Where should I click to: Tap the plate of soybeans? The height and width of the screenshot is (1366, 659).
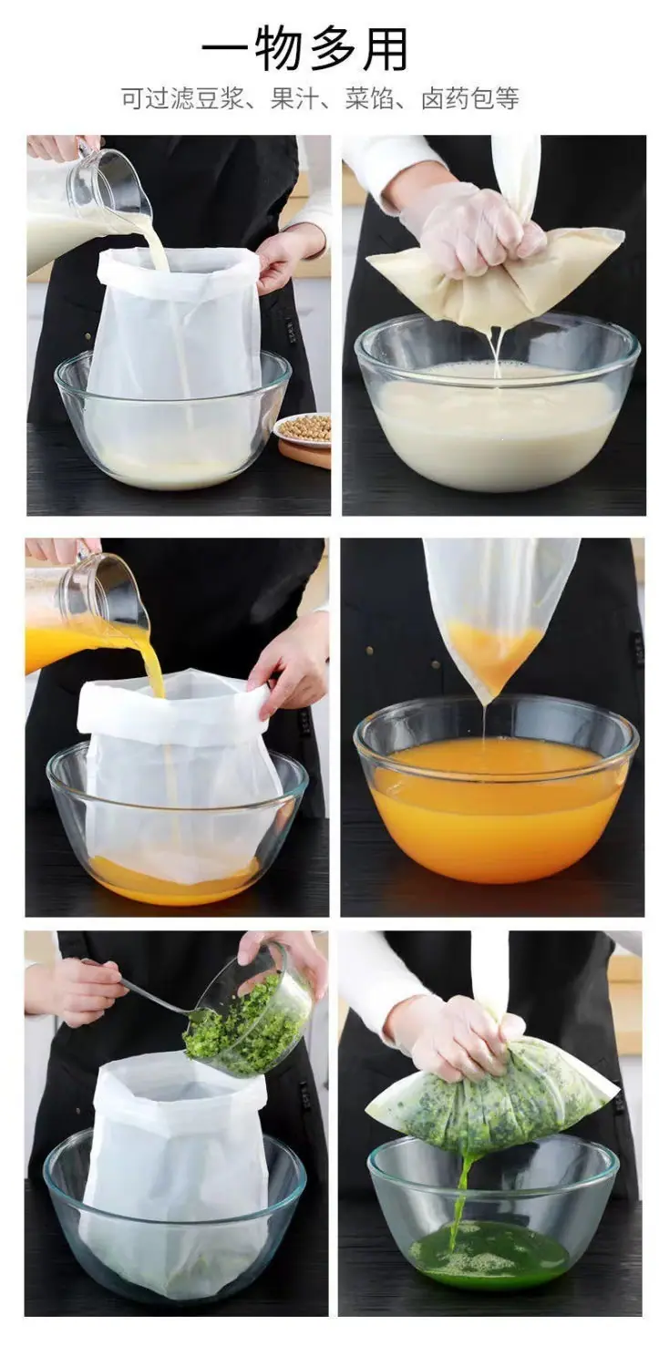pos(304,430)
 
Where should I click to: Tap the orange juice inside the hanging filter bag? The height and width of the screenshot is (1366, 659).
pos(493,650)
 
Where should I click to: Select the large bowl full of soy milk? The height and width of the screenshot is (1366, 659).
pos(498,403)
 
